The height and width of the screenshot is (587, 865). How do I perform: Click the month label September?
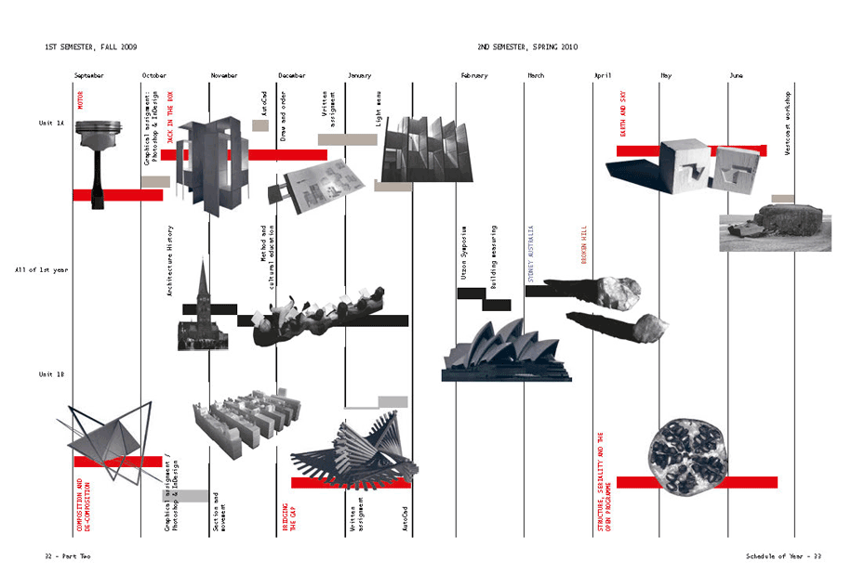(89, 75)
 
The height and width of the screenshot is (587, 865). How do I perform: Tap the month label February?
(473, 75)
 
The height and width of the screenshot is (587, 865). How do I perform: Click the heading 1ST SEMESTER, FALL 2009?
(91, 46)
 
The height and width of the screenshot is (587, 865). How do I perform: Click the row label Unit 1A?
(51, 123)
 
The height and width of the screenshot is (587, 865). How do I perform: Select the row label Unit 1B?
(51, 374)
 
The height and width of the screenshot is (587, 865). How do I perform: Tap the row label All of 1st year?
(39, 270)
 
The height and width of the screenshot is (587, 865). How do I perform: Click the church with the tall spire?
(201, 311)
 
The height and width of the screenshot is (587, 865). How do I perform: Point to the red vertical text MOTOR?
(81, 99)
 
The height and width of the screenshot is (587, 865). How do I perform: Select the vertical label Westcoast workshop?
(788, 123)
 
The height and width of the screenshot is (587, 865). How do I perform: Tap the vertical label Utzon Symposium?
(463, 252)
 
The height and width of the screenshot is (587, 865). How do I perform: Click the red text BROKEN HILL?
(584, 245)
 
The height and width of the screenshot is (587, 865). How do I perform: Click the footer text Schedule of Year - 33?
(783, 556)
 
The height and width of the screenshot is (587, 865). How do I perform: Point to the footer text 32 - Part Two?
(68, 556)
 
